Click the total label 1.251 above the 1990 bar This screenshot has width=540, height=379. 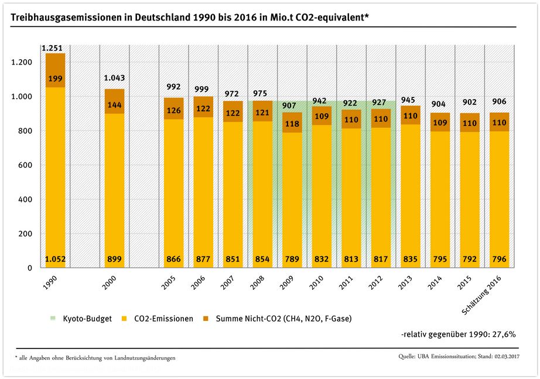tap(52, 48)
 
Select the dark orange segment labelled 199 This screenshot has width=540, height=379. tap(56, 78)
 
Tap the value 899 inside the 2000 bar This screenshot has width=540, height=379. tap(114, 259)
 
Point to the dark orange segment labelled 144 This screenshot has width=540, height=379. tap(114, 105)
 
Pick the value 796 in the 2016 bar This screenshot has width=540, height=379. tap(499, 259)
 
